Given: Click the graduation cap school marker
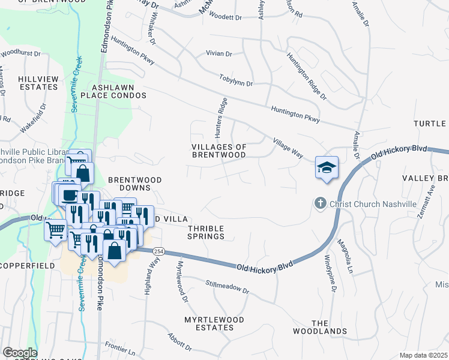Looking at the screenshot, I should [x=327, y=167].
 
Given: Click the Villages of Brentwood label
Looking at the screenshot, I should [x=218, y=151].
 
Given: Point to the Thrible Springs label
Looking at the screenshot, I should [x=206, y=232].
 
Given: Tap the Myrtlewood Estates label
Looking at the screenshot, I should [x=214, y=324].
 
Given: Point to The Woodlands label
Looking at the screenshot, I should [x=320, y=326].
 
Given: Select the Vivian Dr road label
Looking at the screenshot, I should [x=218, y=53].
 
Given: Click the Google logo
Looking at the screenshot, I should [x=20, y=353].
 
